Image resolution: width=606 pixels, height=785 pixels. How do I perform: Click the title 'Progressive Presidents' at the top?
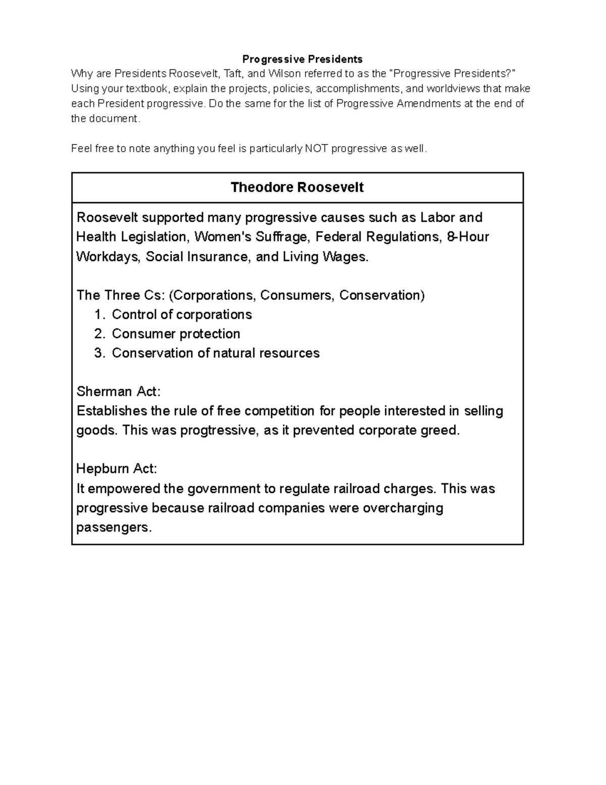point(302,59)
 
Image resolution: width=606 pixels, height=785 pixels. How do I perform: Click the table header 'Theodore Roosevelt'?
point(297,188)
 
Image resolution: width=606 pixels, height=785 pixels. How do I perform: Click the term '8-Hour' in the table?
point(468,237)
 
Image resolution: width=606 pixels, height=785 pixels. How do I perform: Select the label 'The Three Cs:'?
point(120,295)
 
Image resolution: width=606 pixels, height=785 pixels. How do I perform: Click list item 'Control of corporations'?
point(182,314)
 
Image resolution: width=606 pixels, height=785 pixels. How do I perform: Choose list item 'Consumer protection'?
point(176,334)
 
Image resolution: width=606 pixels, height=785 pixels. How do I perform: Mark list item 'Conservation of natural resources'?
point(216,353)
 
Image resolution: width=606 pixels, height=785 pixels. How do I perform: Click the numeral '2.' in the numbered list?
point(99,334)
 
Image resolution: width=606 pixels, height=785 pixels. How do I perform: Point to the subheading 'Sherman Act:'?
point(118,392)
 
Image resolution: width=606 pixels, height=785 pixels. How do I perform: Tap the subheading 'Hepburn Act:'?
point(117,469)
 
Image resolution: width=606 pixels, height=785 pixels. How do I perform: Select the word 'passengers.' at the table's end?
point(114,528)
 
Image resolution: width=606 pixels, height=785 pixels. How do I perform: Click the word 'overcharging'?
point(402,508)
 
